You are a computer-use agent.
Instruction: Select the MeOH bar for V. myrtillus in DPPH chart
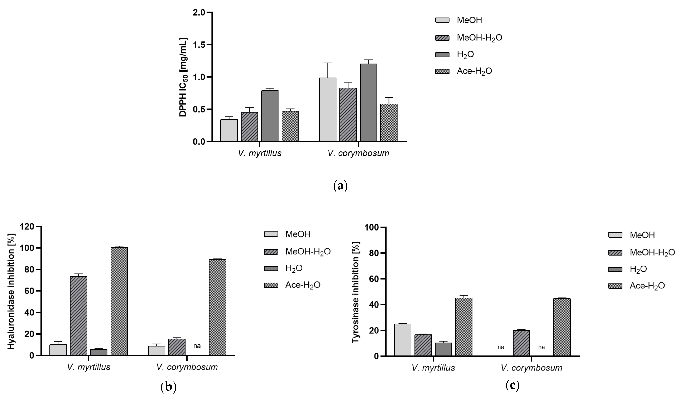(229, 130)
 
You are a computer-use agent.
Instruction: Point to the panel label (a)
(340, 186)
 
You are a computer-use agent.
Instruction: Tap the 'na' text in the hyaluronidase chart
(197, 346)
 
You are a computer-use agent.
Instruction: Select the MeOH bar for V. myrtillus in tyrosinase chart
(403, 340)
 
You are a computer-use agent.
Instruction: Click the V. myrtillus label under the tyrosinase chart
(433, 368)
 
